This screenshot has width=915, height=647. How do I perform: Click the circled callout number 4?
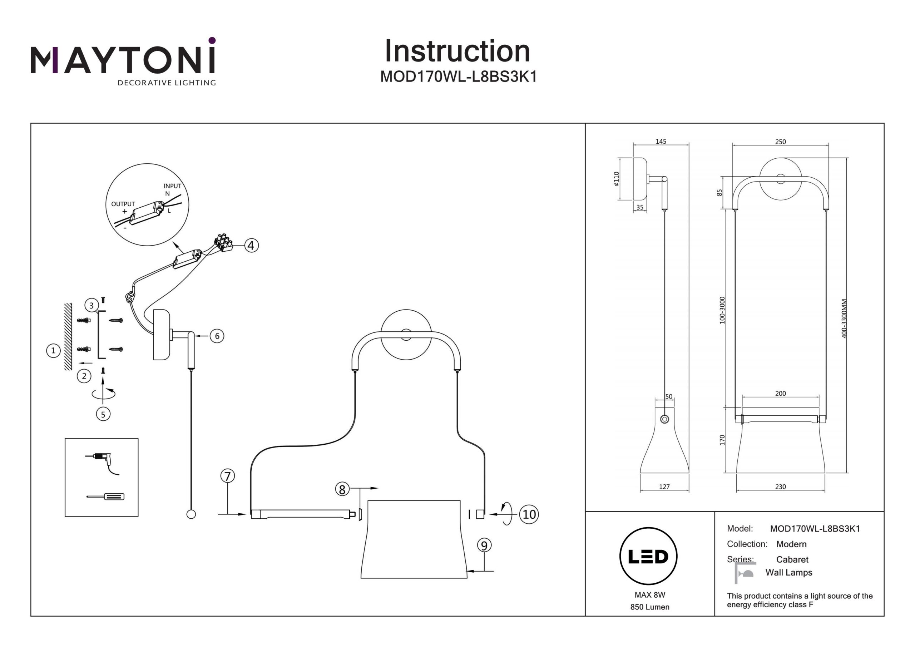tap(251, 245)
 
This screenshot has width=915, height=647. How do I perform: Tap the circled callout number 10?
tap(529, 514)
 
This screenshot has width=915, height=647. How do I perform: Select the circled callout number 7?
tap(228, 476)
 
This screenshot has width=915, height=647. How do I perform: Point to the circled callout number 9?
tap(484, 545)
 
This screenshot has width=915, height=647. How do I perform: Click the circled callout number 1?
tap(53, 351)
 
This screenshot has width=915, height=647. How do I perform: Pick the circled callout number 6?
tap(217, 336)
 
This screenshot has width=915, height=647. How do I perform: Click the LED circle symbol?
tap(648, 557)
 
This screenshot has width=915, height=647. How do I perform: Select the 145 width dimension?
tap(661, 142)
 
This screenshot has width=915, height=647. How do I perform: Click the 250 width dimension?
tap(780, 142)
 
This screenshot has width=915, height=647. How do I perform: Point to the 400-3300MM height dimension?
tap(844, 319)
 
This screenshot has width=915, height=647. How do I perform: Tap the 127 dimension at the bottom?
tap(664, 487)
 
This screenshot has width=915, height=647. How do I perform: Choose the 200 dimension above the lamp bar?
tap(780, 394)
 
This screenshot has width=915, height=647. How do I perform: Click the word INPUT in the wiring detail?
tap(172, 186)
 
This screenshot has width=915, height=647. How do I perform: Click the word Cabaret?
tap(792, 560)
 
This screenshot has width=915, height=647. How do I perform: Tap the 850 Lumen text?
tap(649, 607)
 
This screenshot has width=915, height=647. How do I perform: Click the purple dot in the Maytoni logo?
tap(212, 40)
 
